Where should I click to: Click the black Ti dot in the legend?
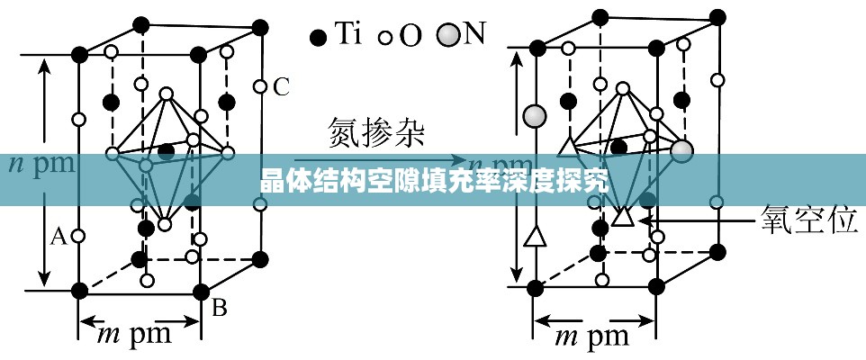point(317,38)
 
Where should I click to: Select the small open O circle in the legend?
point(383,39)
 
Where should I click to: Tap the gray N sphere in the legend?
point(447,35)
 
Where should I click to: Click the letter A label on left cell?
point(58,237)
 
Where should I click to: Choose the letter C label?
point(281,87)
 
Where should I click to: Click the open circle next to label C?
point(259,87)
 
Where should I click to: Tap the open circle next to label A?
point(78,237)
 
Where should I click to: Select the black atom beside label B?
point(200,290)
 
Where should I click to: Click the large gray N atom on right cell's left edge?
point(535,115)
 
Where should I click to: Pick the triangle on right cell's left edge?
point(535,237)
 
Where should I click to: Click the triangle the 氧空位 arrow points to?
point(622,216)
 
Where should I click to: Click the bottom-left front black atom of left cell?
point(79,290)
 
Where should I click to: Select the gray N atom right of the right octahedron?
point(681,150)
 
